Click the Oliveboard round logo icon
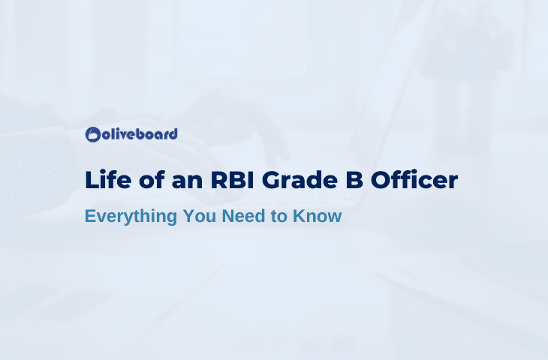(93, 134)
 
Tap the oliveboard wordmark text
(140, 134)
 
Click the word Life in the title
(108, 180)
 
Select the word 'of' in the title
(152, 180)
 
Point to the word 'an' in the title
(187, 182)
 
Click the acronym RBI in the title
(233, 180)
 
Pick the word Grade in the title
(300, 180)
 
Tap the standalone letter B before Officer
(354, 180)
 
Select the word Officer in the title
(414, 180)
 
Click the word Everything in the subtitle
(131, 217)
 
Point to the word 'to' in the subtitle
(279, 217)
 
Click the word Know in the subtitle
(317, 216)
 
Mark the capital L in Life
(91, 180)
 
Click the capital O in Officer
(381, 180)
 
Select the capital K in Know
(300, 216)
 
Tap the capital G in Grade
(272, 180)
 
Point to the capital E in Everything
(91, 216)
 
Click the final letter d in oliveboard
(173, 134)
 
